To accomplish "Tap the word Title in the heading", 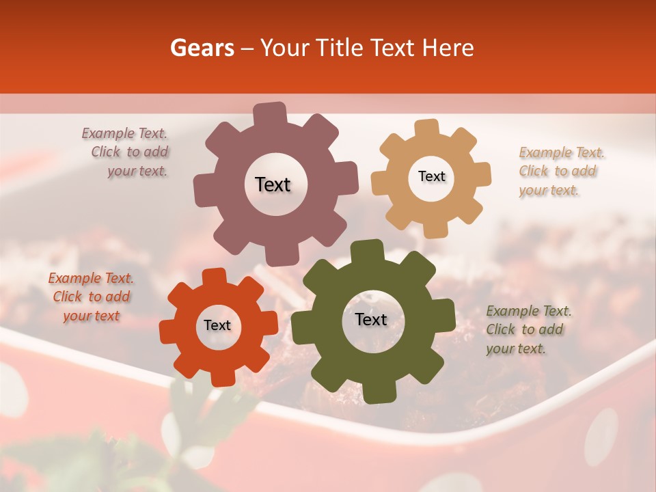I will click(342, 48).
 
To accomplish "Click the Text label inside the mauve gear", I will click(273, 184).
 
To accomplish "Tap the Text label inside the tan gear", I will click(431, 176).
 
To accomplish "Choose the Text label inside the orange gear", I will click(217, 326).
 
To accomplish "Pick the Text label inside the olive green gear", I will click(371, 320).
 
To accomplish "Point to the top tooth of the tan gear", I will click(427, 127).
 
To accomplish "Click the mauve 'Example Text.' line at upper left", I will click(124, 134).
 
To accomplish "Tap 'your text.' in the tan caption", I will click(549, 191).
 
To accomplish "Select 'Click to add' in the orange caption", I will click(92, 297).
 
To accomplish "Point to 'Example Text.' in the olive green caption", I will click(529, 312).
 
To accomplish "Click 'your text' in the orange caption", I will click(92, 316).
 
